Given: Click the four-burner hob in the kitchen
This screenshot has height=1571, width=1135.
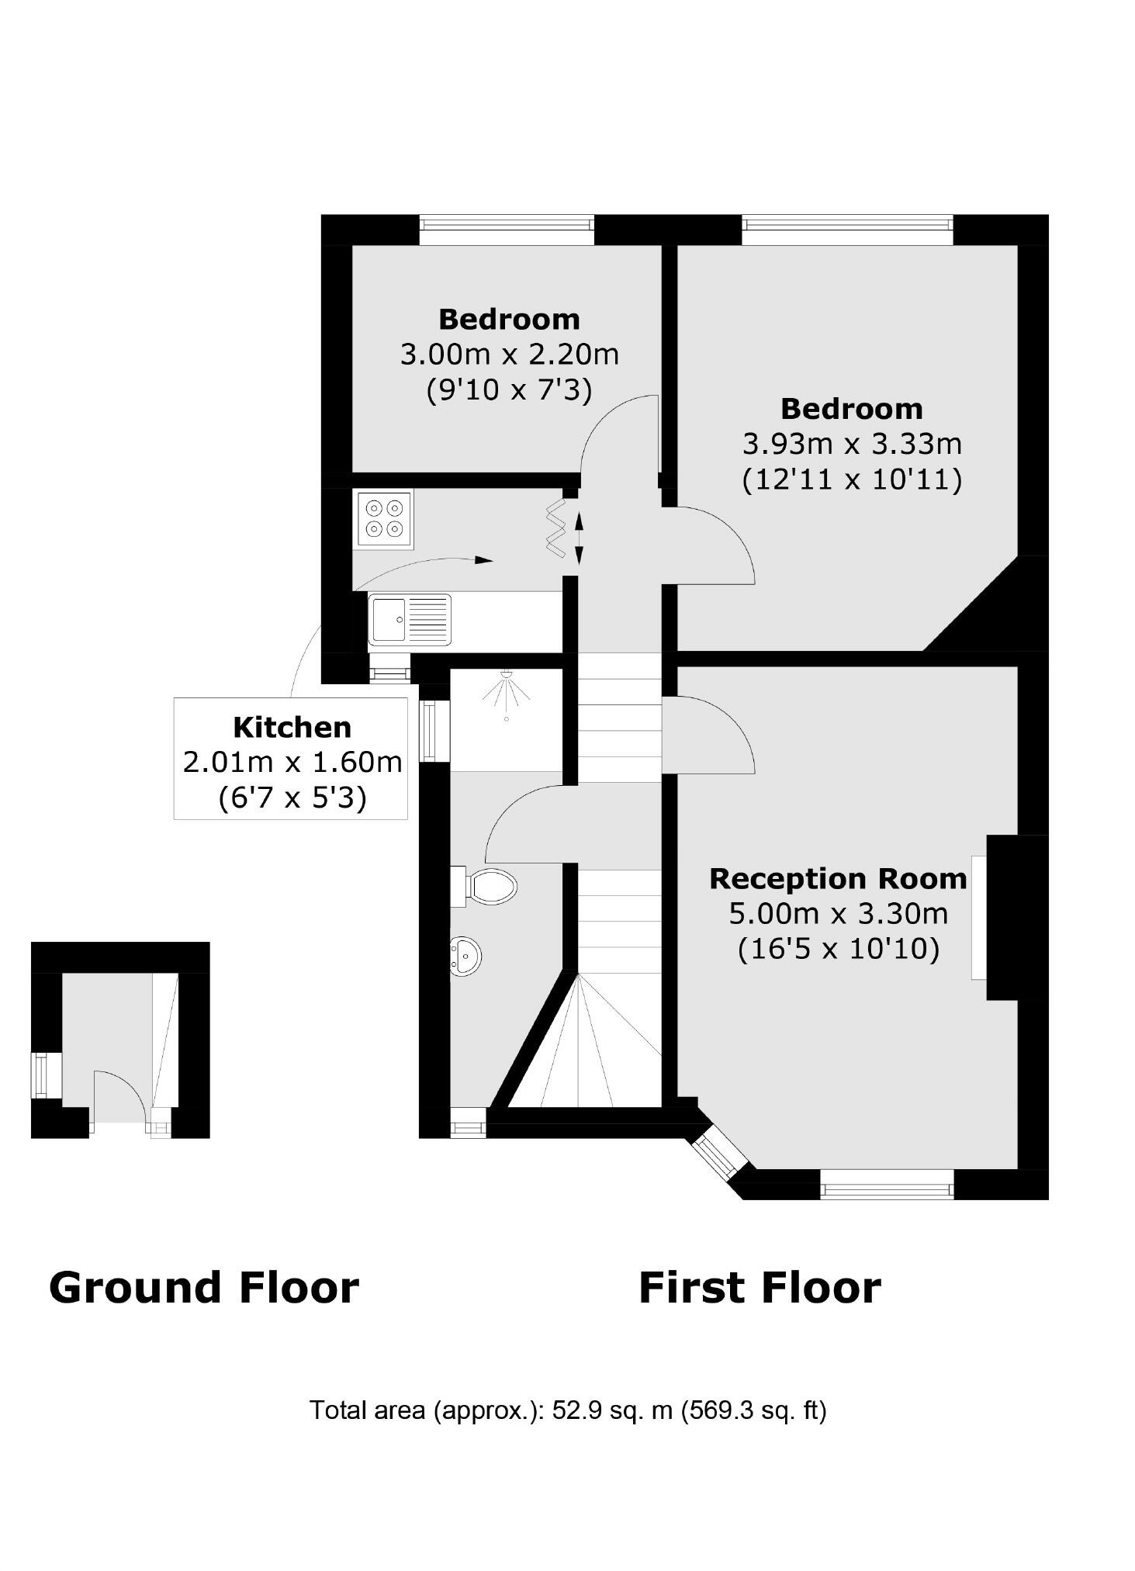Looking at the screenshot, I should click(384, 518).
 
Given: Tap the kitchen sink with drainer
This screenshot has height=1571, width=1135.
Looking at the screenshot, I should click(410, 619).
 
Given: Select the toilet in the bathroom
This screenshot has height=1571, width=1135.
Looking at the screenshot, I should click(489, 886).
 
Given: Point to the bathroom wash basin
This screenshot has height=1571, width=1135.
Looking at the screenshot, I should click(465, 956).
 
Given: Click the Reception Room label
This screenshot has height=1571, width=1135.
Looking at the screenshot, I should click(838, 879).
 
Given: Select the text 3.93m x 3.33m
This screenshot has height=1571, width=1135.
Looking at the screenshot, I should click(852, 445).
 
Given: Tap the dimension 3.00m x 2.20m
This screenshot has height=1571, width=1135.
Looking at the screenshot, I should click(509, 355).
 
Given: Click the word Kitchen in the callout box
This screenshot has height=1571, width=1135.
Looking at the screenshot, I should click(292, 728).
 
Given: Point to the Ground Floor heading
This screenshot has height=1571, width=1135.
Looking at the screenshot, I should click(203, 1288).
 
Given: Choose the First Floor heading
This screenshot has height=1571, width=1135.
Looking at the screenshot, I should click(759, 1288).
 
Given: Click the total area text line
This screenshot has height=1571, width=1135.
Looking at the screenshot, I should click(567, 1410).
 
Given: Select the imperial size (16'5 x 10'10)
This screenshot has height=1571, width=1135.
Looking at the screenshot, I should click(838, 949).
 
